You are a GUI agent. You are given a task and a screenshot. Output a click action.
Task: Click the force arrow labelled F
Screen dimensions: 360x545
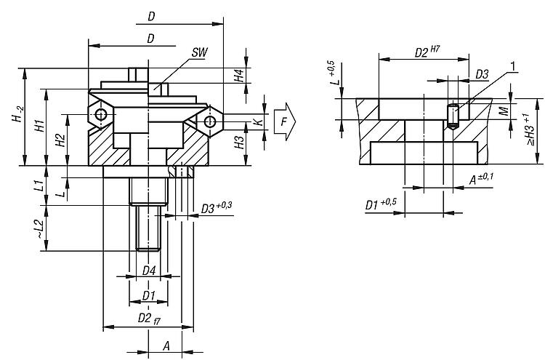[285, 121]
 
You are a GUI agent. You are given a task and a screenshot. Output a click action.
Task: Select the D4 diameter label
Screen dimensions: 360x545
[149, 271]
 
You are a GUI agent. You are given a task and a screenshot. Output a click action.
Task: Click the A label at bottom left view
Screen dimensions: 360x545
[166, 345]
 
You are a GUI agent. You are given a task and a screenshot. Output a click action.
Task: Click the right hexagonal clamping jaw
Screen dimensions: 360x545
[210, 119]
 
